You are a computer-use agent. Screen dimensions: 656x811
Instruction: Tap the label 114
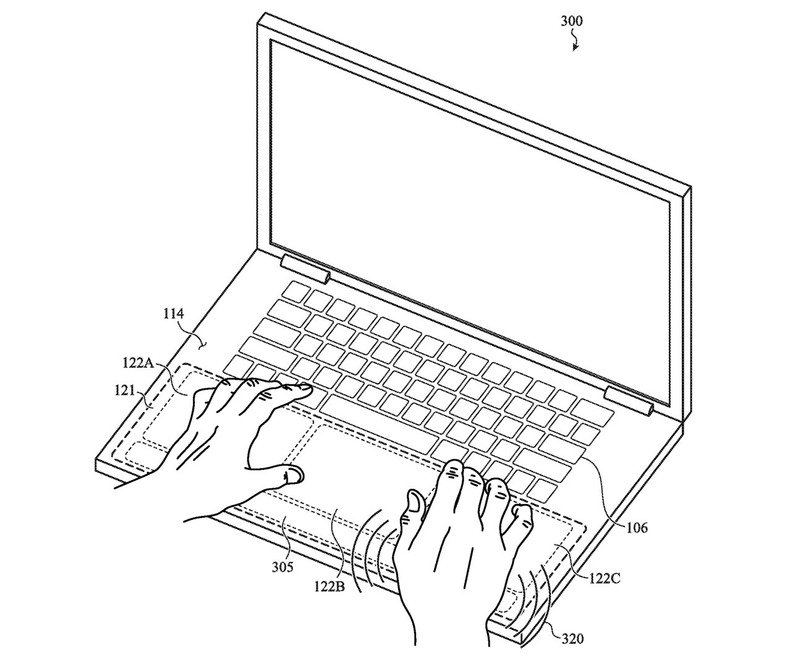174,314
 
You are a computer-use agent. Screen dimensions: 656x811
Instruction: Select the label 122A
137,364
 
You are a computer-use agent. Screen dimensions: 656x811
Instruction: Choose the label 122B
334,584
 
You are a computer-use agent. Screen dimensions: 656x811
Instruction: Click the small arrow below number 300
575,43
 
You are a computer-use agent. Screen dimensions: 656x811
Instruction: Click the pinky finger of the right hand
523,514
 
